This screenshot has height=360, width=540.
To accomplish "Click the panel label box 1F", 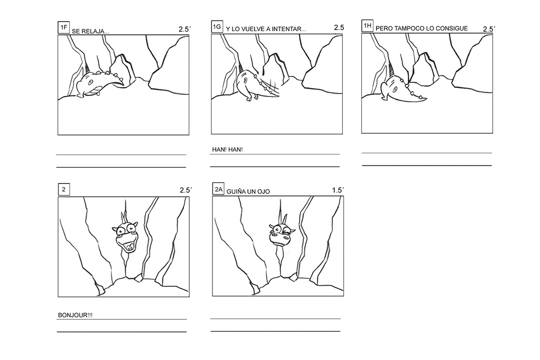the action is pos(63,28).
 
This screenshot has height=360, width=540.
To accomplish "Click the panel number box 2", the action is pos(63,190).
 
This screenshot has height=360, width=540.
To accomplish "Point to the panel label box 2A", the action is pos(218,190).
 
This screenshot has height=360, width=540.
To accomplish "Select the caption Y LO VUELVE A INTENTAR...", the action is pos(266,30).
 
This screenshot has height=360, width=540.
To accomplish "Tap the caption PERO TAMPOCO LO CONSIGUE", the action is pos(421,28).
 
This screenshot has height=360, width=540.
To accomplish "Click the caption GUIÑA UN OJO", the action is pos(248,192).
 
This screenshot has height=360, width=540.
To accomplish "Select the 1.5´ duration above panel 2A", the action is pos(337,190).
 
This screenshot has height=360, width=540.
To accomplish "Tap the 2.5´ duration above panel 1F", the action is pos(184,30).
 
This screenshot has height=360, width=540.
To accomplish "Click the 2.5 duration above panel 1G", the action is pos(339,28).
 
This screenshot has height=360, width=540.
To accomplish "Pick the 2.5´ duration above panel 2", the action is pos(185,190).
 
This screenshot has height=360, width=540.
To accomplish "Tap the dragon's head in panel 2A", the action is pos(281,235).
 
